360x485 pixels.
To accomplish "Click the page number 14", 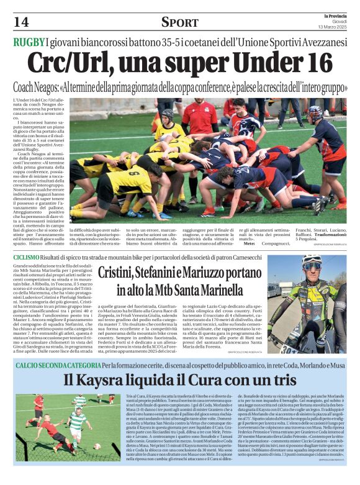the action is pyautogui.click(x=20, y=22).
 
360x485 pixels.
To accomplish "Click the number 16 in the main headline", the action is pyautogui.click(x=315, y=63).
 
